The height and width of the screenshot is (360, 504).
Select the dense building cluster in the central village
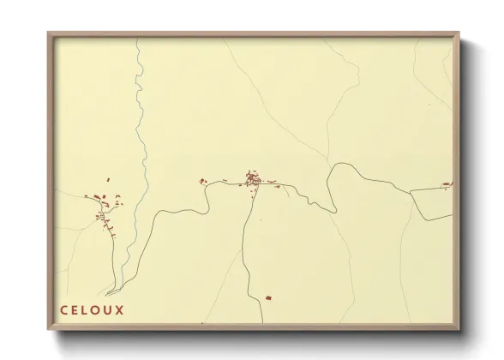tap(253, 180)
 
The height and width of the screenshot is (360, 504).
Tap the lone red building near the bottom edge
tap(268, 297)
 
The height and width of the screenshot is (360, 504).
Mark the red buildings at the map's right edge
tap(447, 183)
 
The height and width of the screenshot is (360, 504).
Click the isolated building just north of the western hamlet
tap(108, 180)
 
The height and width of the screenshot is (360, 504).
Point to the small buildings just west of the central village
tap(203, 181)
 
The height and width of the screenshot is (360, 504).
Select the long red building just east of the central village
tap(272, 183)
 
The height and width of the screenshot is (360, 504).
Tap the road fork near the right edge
tap(411, 192)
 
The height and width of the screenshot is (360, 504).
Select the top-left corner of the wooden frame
tap(48, 33)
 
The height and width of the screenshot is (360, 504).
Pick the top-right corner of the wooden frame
tap(461, 33)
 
